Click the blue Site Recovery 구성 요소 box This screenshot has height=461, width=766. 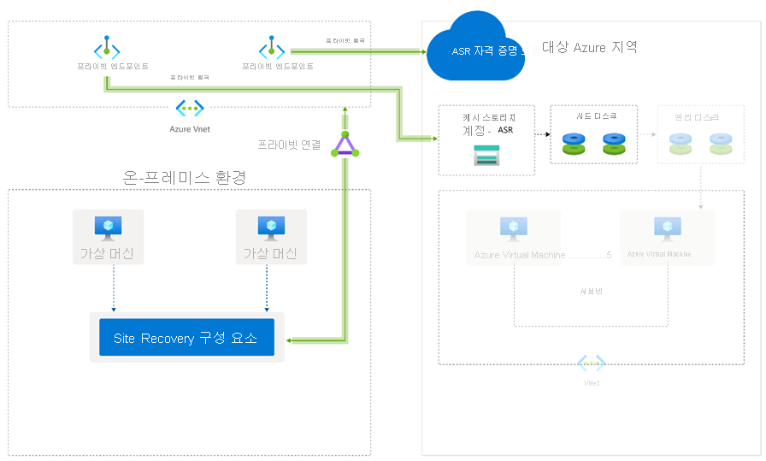tap(186, 339)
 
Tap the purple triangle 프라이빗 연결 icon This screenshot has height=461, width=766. tap(345, 145)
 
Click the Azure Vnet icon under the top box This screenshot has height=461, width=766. tap(190, 108)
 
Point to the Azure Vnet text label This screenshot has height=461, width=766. tap(190, 129)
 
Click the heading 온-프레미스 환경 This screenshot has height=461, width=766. tap(186, 177)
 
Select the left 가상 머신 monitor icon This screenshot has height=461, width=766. tap(109, 227)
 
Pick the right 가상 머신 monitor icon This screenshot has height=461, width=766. tap(271, 227)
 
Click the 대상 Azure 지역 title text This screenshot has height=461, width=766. tap(589, 47)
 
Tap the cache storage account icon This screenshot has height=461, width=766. tap(486, 155)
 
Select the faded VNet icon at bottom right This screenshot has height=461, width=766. tap(591, 363)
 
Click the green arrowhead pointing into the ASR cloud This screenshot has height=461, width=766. tap(421, 51)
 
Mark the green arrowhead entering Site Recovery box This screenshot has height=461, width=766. tap(291, 340)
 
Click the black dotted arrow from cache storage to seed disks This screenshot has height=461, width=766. tap(542, 134)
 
